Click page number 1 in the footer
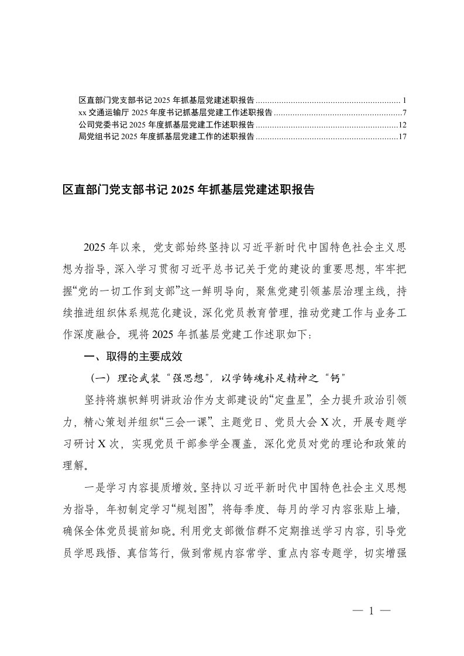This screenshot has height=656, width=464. (371, 612)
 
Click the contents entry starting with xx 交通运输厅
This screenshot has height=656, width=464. (175, 112)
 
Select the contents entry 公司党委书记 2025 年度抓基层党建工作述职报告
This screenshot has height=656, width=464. (166, 125)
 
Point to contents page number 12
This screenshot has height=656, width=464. (402, 125)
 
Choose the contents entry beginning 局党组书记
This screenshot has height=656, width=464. (166, 137)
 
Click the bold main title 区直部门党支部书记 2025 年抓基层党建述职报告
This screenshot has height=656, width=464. (188, 190)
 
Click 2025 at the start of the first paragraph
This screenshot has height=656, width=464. (97, 247)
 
